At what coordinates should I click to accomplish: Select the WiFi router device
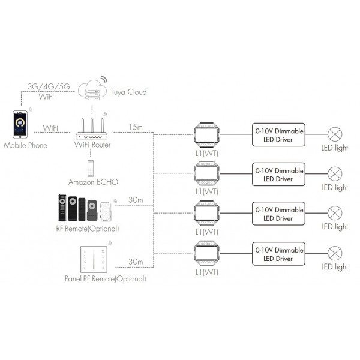coord(92,129)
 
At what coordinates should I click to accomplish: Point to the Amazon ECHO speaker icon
coord(92,166)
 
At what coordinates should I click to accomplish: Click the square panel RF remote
coord(92,259)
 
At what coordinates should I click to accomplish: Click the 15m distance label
coord(135,127)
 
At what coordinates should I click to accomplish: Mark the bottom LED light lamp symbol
coord(334,253)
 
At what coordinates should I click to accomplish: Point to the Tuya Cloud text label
coord(128,92)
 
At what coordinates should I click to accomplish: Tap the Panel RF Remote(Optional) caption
coord(105,279)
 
